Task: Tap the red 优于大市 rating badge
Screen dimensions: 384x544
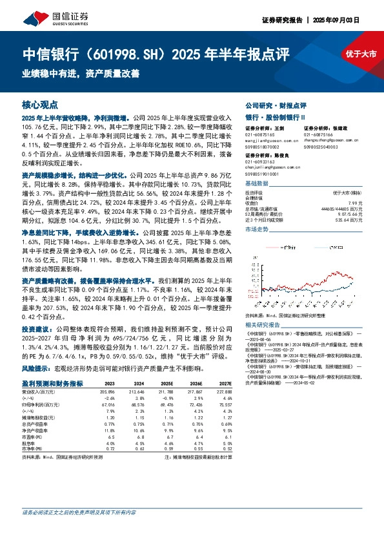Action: coord(360,54)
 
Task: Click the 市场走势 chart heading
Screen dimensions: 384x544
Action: coord(257,229)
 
